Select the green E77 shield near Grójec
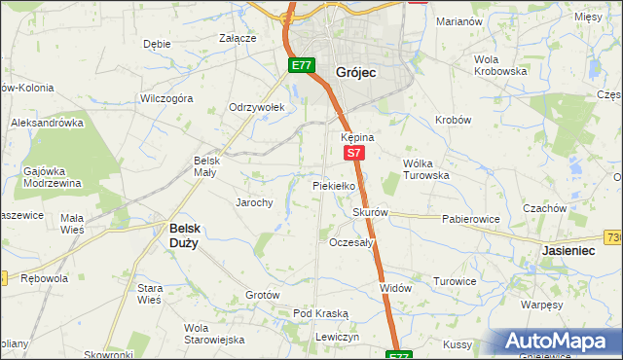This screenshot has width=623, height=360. pyautogui.click(x=300, y=66)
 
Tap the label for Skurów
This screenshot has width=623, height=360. pyautogui.click(x=370, y=212)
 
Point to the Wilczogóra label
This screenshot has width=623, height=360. pyautogui.click(x=166, y=98)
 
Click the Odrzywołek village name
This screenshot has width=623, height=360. pyautogui.click(x=255, y=107)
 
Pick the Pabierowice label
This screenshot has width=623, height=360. pyautogui.click(x=470, y=219)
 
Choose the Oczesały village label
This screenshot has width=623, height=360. pyautogui.click(x=351, y=242)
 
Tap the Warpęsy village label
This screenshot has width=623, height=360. pyautogui.click(x=541, y=305)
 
